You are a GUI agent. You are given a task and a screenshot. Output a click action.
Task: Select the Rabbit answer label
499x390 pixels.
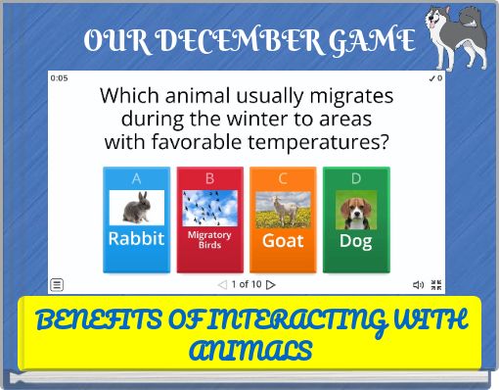pos(136,238)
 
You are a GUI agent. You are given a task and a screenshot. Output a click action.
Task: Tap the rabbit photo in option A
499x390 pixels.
pos(136,208)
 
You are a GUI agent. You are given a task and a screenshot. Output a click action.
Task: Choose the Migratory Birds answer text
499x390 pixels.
pos(209,240)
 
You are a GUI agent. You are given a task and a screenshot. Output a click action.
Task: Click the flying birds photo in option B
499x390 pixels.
pos(209,208)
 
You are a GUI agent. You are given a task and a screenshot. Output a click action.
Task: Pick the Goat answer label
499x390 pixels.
pos(283,240)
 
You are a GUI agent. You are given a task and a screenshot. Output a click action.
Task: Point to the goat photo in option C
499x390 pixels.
pos(283,208)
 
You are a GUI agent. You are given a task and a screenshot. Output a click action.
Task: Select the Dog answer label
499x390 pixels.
pos(356,240)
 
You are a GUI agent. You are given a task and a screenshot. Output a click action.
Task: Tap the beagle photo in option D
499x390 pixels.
pos(356,209)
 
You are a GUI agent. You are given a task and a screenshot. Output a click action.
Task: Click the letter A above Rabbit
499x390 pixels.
pos(136,178)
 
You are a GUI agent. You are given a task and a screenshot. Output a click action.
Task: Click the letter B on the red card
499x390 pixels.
pos(209,178)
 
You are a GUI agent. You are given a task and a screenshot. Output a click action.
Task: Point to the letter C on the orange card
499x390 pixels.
pos(283,178)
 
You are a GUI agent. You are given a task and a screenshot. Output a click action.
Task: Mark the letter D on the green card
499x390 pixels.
pos(356,178)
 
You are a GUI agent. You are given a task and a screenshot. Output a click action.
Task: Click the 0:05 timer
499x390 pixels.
pos(59,78)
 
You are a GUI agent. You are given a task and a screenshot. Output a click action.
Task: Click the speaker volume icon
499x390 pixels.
pos(418,285)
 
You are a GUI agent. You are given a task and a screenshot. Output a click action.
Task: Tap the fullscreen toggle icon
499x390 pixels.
pos(436,285)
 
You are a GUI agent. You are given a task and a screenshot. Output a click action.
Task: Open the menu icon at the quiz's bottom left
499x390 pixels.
pos(57,285)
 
